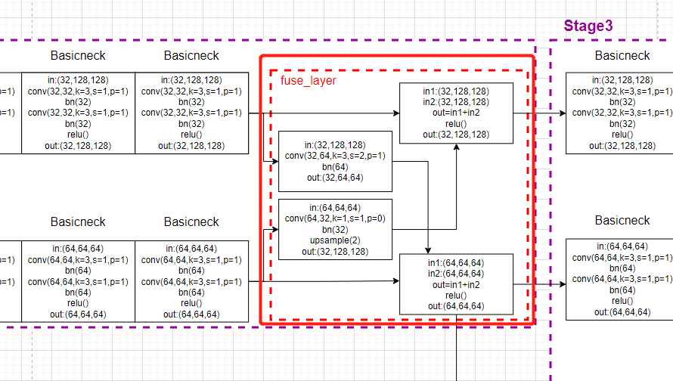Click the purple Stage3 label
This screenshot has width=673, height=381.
coord(588,26)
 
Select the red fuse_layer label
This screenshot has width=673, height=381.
coord(308,80)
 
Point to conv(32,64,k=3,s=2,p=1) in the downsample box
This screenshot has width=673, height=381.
coord(335,156)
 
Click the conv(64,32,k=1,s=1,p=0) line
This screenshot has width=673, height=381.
coord(335,218)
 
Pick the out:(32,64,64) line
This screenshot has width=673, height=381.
coord(335,178)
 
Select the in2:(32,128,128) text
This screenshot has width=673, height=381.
coord(456,102)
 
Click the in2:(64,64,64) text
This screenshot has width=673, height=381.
coord(456,274)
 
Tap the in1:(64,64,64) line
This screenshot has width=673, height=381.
coord(456,263)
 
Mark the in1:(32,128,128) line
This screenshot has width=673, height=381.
coord(456,91)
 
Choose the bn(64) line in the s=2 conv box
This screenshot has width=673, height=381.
coord(335,168)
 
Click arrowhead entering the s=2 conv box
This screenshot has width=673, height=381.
coord(274,162)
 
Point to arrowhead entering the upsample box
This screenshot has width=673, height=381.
coord(274,228)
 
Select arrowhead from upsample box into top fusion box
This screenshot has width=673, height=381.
coord(456,147)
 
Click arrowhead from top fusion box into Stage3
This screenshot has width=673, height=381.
coord(562,113)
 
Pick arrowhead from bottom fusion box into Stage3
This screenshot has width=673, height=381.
coord(562,285)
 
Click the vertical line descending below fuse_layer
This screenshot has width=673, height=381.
coord(457,355)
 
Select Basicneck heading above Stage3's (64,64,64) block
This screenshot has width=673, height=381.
coord(622,221)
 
